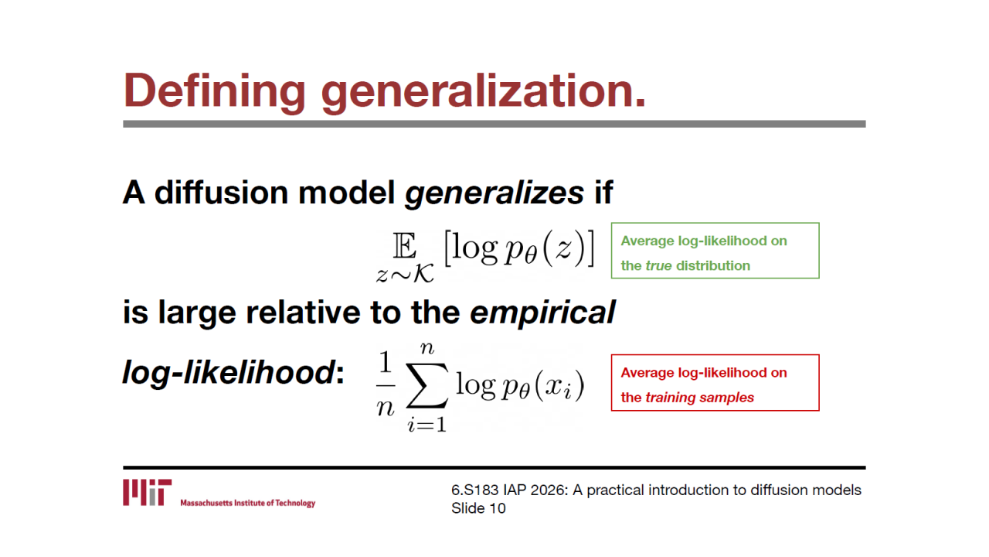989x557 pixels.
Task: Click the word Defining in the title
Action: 215,91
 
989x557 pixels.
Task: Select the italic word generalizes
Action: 494,193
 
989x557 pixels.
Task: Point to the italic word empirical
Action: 542,313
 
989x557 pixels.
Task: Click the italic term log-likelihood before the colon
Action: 229,373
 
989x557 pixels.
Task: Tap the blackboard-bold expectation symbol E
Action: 404,246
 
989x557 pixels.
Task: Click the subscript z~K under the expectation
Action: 405,274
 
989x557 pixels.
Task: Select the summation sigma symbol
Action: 427,385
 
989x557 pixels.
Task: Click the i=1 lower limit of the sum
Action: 427,425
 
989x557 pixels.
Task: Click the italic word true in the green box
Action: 658,265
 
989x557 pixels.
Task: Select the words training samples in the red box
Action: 699,398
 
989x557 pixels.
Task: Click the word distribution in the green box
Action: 713,265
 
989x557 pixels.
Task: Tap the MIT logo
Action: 148,493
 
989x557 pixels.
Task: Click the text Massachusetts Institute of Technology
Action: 248,503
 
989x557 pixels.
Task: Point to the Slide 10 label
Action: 478,508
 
